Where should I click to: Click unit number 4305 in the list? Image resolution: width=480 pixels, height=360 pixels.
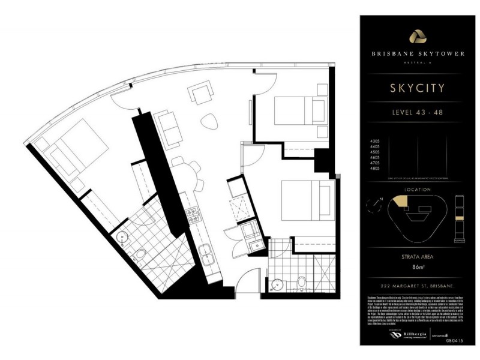(x=376, y=142)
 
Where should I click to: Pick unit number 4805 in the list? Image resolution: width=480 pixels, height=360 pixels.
(x=376, y=169)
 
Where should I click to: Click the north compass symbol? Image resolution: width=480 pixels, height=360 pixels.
(x=375, y=204)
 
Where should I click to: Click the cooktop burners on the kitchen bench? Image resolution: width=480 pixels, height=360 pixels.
(x=193, y=215)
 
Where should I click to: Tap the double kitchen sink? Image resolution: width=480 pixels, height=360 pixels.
(x=205, y=254)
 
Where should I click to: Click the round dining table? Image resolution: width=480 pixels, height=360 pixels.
(x=182, y=169)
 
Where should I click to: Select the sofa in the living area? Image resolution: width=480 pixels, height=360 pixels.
(x=169, y=128)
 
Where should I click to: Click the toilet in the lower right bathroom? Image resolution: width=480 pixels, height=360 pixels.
(x=302, y=281)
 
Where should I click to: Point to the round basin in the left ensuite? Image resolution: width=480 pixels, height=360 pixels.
(x=122, y=237)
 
